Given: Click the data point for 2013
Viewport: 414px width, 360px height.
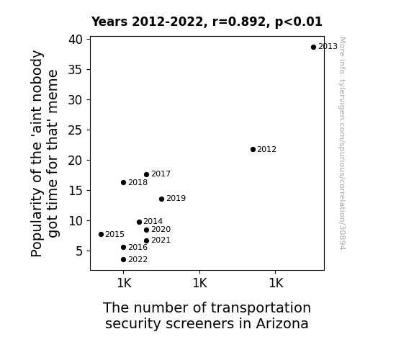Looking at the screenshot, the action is click(313, 48).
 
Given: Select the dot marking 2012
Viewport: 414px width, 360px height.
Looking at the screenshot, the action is click(253, 150).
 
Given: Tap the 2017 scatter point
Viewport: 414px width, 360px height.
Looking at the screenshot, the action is click(147, 174).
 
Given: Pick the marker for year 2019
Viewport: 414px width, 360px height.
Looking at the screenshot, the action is click(161, 199).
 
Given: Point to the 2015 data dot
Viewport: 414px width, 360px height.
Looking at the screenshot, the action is click(101, 234).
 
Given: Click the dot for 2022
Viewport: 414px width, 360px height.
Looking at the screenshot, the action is click(123, 260).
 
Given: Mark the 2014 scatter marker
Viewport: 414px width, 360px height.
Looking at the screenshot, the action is click(140, 222).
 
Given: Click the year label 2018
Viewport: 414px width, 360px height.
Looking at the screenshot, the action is click(138, 182).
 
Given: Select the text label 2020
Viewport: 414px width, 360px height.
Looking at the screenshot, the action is click(161, 229).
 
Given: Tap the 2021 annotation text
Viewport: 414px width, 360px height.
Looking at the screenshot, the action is click(161, 240).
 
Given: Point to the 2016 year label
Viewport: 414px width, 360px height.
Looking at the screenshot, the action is click(138, 247).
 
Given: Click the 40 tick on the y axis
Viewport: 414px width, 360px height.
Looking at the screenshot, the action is click(76, 40).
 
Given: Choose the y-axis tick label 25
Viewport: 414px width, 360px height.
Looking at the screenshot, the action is click(76, 130).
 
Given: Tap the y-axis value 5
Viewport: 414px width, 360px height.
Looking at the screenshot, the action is click(79, 251).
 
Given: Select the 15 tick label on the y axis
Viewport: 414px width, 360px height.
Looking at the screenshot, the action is click(76, 191).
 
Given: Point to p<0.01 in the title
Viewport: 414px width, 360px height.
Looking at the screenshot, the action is click(299, 22).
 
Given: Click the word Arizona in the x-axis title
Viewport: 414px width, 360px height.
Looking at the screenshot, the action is click(282, 323).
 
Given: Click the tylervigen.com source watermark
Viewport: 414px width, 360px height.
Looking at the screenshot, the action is click(342, 143).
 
